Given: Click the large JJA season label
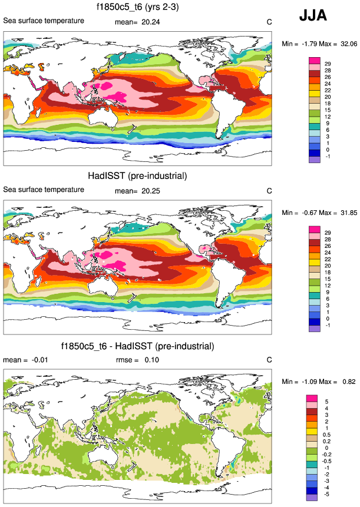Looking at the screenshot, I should (313, 16).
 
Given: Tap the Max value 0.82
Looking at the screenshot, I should (348, 382).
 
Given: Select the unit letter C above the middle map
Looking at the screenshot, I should (269, 191).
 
